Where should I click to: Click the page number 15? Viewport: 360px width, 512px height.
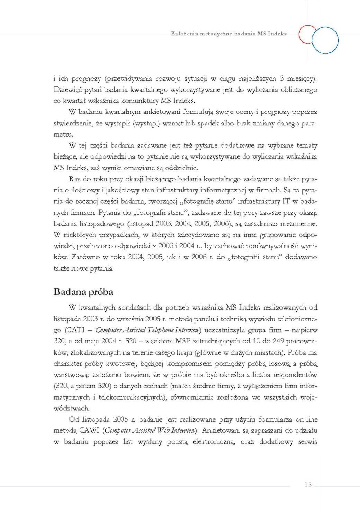(308, 485)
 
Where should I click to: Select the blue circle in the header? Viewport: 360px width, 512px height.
(325, 40)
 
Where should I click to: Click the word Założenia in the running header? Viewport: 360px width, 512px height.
(183, 34)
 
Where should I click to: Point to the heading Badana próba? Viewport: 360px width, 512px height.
(83, 292)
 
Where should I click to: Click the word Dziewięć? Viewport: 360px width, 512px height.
(68, 90)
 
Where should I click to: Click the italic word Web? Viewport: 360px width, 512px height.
(164, 431)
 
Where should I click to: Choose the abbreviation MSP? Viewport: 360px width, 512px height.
(184, 341)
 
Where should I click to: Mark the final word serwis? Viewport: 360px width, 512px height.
(307, 442)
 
